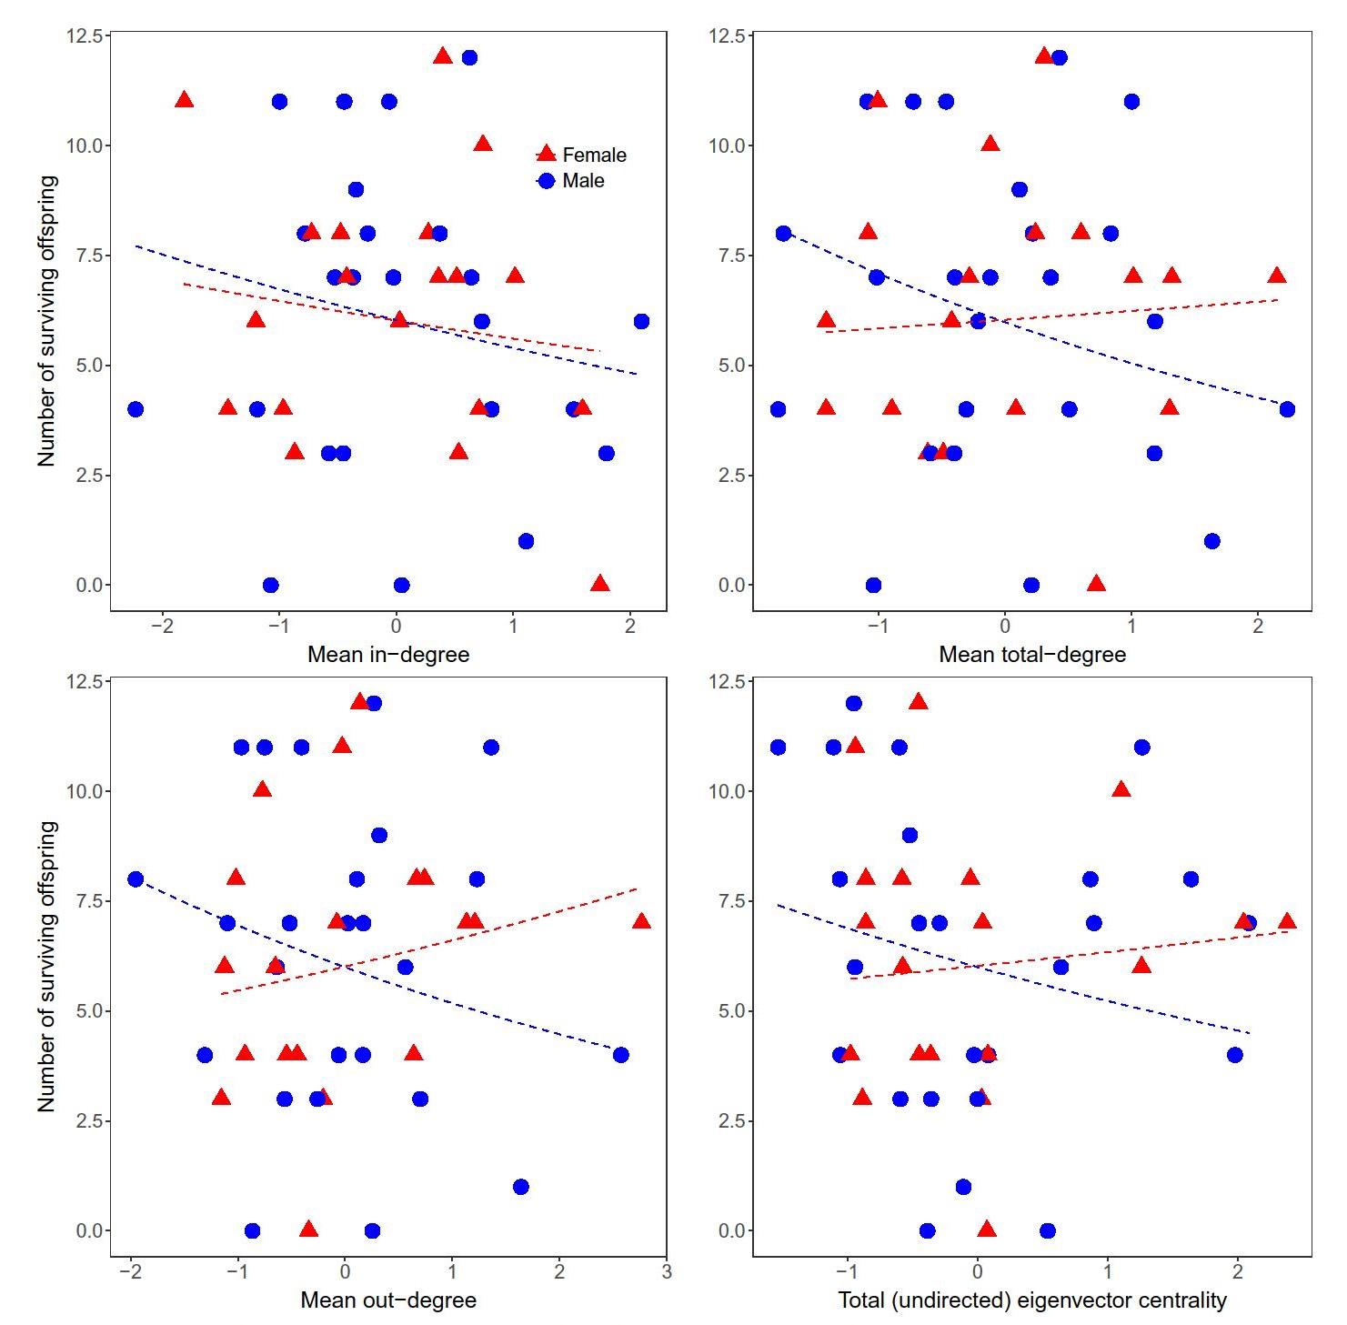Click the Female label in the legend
[594, 155]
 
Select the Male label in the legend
[583, 181]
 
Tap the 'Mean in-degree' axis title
[388, 654]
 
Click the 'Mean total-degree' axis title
[1032, 654]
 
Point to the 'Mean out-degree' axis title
[388, 1300]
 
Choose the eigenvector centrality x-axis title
[1032, 1300]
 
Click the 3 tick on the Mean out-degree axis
[667, 1271]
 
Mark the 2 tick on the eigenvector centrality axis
[1237, 1271]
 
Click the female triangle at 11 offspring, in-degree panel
[185, 100]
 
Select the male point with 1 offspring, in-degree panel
[526, 541]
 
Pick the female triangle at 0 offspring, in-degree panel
[599, 584]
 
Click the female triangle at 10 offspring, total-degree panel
[990, 144]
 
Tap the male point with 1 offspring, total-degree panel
[1211, 541]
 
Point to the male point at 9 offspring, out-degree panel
[379, 835]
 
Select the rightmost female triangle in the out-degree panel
[641, 922]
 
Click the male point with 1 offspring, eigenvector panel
[963, 1187]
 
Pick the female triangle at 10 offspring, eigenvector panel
[1121, 790]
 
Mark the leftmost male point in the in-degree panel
[136, 409]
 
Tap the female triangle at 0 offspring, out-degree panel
[308, 1230]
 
